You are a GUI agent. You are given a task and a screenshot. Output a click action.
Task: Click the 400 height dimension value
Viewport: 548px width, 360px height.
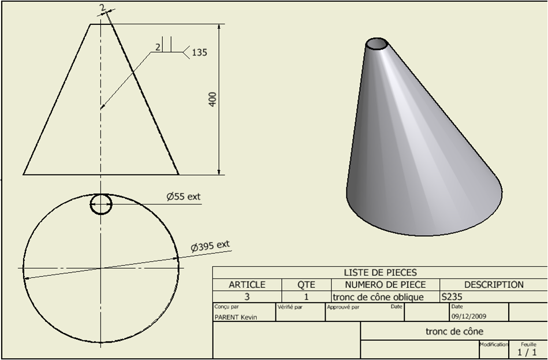click(x=213, y=99)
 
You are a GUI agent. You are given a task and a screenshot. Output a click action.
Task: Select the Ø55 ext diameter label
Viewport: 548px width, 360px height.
click(x=184, y=196)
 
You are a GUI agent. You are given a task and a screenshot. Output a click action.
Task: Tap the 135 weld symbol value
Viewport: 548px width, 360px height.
click(x=200, y=53)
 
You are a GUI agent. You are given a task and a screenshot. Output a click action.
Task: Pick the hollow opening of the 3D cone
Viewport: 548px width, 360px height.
click(x=376, y=44)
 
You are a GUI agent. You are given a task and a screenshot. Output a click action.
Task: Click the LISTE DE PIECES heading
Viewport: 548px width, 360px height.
click(x=380, y=273)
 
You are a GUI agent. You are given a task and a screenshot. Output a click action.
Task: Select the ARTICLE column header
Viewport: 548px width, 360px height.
click(x=247, y=285)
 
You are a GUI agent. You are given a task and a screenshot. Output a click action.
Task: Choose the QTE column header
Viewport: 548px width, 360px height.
click(x=306, y=285)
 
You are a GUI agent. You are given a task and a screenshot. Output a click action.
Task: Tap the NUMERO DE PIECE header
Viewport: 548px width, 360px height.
click(x=386, y=285)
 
